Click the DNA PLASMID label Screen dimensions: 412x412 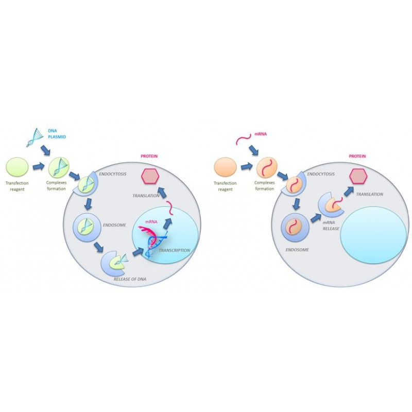tap(57, 134)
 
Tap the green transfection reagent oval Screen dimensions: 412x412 tap(17, 167)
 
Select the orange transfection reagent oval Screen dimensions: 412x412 tap(226, 167)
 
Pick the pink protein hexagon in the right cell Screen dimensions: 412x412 tap(358, 176)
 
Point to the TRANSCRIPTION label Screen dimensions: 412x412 tap(174, 250)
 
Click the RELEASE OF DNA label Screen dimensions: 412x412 tap(130, 279)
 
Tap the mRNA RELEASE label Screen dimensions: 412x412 tap(331, 226)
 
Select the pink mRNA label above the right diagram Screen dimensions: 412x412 tap(261, 134)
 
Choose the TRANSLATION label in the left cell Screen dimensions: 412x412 tap(146, 196)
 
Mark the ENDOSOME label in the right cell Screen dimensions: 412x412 tap(297, 250)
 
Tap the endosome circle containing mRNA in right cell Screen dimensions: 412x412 tap(294, 226)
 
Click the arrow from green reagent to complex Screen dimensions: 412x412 tap(39, 167)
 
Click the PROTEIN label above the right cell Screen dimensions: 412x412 tap(357, 156)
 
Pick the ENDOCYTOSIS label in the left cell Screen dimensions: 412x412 tap(113, 174)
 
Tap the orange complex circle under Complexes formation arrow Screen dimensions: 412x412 tap(267, 169)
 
